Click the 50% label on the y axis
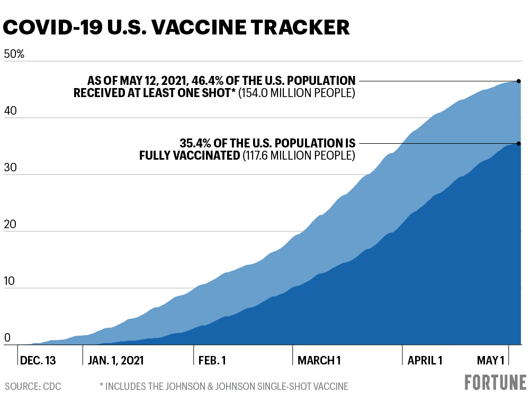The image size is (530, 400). pyautogui.click(x=14, y=54)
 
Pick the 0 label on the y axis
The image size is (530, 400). pyautogui.click(x=7, y=338)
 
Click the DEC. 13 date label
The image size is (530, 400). pyautogui.click(x=38, y=361)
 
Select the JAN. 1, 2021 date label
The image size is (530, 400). pyautogui.click(x=115, y=361)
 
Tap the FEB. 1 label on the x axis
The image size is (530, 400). pyautogui.click(x=212, y=361)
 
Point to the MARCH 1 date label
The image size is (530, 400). pyautogui.click(x=319, y=361)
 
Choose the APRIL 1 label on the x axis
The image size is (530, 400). pyautogui.click(x=425, y=361)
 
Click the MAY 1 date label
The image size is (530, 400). pyautogui.click(x=490, y=361)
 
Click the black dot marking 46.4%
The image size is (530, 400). pyautogui.click(x=519, y=81)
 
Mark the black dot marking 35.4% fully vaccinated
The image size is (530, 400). pyautogui.click(x=519, y=143)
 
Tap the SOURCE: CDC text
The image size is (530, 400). pyautogui.click(x=33, y=387)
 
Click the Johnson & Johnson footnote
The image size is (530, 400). pyautogui.click(x=224, y=387)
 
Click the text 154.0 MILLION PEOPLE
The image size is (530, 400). pyautogui.click(x=297, y=93)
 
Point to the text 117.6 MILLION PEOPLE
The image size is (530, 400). pyautogui.click(x=299, y=155)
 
